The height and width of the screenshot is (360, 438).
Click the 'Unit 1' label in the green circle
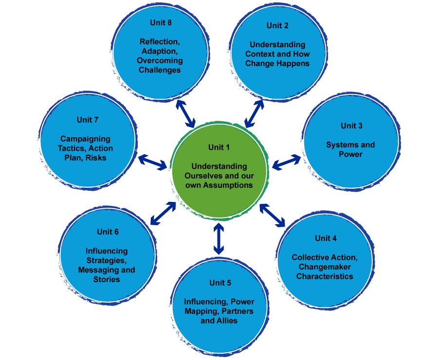tap(219, 147)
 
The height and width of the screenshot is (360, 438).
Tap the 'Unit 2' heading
tap(277, 25)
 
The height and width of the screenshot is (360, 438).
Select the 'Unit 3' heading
tap(351, 126)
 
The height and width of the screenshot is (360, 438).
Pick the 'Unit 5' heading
tap(220, 283)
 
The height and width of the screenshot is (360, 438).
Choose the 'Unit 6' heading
tap(108, 232)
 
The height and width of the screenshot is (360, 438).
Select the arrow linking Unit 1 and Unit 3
tap(286, 162)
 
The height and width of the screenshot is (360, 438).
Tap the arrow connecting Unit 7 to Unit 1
tap(152, 162)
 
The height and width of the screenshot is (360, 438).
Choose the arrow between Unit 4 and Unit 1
tap(272, 215)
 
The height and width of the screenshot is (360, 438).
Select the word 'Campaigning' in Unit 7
tap(85, 139)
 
